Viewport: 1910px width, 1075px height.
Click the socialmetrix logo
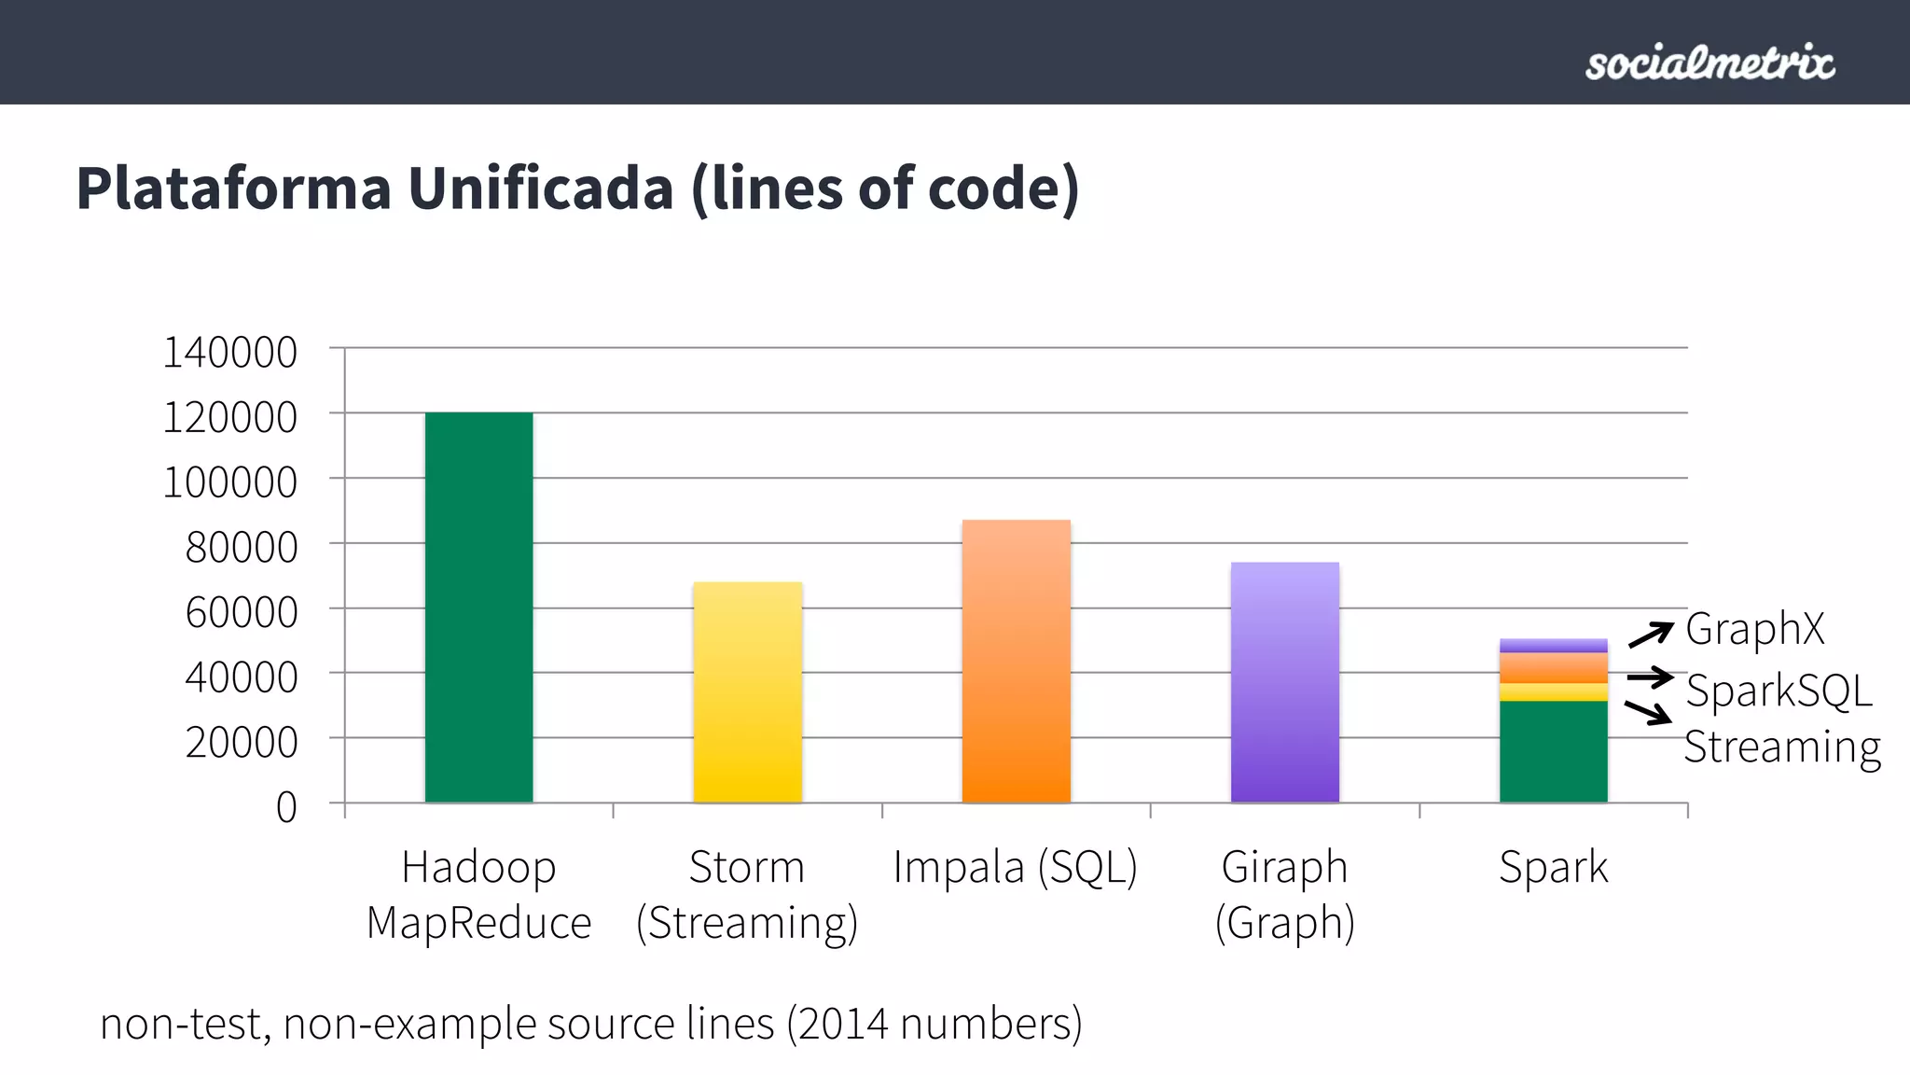click(x=1709, y=63)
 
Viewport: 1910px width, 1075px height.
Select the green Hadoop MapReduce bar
click(x=478, y=607)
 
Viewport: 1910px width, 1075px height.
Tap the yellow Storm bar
click(x=747, y=691)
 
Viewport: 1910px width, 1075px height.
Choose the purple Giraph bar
click(x=1284, y=681)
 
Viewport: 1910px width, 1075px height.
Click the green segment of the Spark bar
click(x=1553, y=751)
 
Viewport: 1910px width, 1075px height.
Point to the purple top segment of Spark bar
click(x=1553, y=645)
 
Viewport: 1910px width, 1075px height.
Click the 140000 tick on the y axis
click(x=229, y=353)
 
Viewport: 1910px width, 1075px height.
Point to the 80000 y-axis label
click(x=241, y=548)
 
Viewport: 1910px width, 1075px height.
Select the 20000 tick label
click(x=241, y=743)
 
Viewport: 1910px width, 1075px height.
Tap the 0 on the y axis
click(x=285, y=807)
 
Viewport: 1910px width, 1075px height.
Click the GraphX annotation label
click(x=1754, y=629)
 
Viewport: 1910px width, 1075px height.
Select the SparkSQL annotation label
click(x=1779, y=691)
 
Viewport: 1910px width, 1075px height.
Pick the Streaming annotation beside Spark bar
click(x=1781, y=747)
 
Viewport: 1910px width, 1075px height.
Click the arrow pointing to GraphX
click(x=1650, y=635)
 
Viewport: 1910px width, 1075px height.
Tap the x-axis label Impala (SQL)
click(x=1015, y=867)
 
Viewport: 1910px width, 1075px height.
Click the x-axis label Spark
click(x=1553, y=867)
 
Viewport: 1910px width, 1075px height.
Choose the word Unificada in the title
click(x=540, y=188)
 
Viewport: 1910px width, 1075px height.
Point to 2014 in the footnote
click(x=843, y=1024)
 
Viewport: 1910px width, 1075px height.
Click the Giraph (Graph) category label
click(x=1284, y=894)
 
